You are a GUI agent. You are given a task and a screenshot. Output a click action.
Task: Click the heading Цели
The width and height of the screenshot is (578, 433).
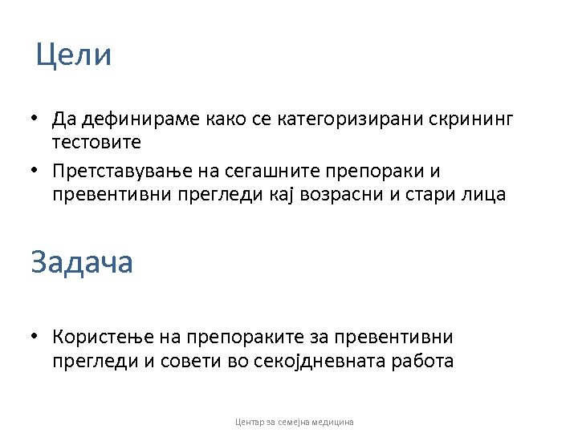point(74,55)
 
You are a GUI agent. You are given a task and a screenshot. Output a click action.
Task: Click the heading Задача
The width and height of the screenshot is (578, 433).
point(81,262)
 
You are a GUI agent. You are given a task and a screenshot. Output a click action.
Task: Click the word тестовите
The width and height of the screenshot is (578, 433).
point(96,143)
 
